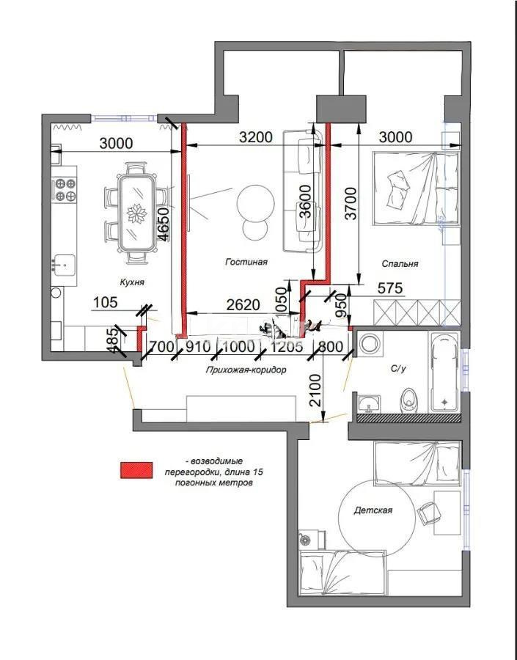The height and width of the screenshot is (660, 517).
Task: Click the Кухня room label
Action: pyautogui.click(x=132, y=281)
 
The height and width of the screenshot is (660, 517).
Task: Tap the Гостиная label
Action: pyautogui.click(x=246, y=261)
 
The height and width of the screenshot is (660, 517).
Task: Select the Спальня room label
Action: pyautogui.click(x=400, y=264)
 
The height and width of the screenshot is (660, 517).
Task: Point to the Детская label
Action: pyautogui.click(x=375, y=510)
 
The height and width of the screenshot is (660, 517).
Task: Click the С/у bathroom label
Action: pyautogui.click(x=397, y=369)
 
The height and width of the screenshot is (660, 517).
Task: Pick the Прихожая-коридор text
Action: pyautogui.click(x=246, y=370)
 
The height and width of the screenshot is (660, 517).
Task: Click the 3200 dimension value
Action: pyautogui.click(x=255, y=137)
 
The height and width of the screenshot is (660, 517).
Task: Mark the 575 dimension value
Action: pyautogui.click(x=390, y=290)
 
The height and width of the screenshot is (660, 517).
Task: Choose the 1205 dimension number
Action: pyautogui.click(x=286, y=346)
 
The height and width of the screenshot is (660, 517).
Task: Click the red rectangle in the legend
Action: pyautogui.click(x=137, y=470)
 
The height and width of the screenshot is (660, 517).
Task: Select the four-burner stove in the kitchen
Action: pyautogui.click(x=65, y=190)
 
